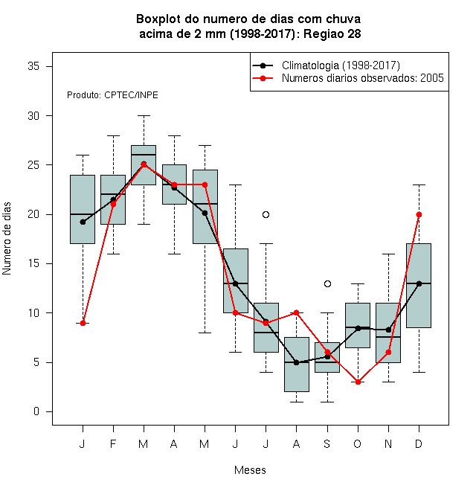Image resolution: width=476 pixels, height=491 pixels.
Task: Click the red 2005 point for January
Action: coord(83,323)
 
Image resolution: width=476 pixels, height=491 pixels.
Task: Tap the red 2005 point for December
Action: coord(419,214)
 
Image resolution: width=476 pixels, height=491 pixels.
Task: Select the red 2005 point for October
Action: coord(358,382)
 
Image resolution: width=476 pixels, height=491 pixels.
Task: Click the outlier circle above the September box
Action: coord(327,283)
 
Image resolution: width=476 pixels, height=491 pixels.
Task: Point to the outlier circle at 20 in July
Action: coord(266,214)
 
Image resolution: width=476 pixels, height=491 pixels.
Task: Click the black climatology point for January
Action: coord(83,222)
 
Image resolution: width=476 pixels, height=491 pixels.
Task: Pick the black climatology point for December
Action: coord(419,283)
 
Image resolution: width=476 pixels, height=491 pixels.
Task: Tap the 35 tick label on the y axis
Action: coord(33,66)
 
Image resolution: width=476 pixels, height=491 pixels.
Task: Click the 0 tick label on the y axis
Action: coord(36,411)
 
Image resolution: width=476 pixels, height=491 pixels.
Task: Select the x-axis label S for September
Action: coord(327,443)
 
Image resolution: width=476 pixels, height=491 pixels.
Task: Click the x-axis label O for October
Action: coord(357,443)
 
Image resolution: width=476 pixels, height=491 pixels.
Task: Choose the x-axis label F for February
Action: coord(113,443)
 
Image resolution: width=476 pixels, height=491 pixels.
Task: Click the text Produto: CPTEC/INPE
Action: coord(112,95)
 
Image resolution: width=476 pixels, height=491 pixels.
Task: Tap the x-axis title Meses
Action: coord(250,470)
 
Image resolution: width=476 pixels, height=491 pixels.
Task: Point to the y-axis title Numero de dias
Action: coord(7,239)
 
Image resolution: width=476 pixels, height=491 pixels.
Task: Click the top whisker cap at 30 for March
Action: coord(144,115)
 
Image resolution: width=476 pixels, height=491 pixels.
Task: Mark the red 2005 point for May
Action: coord(205,184)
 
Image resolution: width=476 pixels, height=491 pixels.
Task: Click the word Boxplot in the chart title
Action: coord(158,19)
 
